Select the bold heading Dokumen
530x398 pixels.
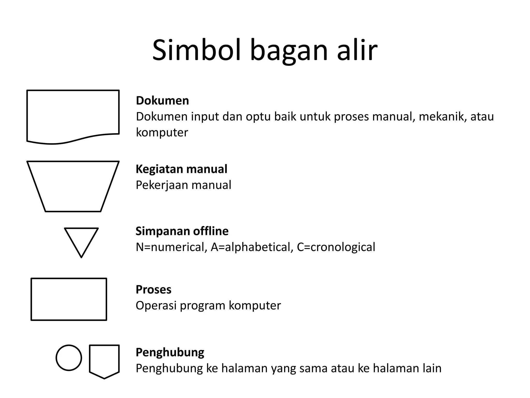(163, 101)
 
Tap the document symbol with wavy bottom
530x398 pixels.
(73, 115)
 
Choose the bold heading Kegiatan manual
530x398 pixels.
(181, 169)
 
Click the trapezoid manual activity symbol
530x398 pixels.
(73, 186)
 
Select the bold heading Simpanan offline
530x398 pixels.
(182, 231)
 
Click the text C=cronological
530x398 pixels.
(336, 247)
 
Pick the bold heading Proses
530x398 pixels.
(153, 289)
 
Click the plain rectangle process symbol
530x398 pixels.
(69, 299)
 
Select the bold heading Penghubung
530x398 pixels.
(170, 352)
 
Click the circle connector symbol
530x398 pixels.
(69, 358)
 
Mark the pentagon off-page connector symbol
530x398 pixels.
(104, 360)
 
